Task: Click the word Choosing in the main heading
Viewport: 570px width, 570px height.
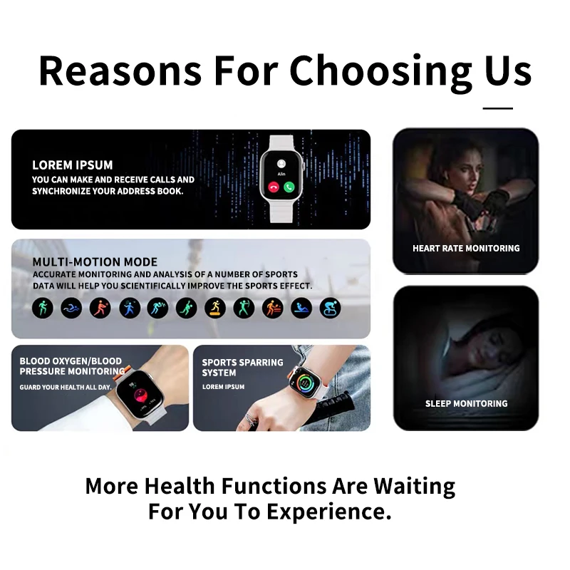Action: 380,71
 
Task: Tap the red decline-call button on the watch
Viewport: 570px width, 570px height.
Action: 273,187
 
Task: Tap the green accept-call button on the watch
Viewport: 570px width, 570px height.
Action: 289,187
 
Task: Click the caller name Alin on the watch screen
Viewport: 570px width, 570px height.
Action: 281,172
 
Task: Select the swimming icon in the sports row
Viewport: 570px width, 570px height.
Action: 71,308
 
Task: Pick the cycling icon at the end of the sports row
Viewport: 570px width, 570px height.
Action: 330,308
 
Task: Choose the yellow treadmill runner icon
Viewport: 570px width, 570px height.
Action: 215,308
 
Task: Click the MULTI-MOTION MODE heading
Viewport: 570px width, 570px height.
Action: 95,262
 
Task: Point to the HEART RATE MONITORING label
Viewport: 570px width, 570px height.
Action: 466,249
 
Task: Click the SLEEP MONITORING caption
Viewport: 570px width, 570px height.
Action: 466,404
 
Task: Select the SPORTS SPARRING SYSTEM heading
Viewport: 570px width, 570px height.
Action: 242,368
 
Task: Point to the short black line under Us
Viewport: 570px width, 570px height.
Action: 497,108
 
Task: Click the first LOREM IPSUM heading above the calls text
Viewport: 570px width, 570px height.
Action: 73,165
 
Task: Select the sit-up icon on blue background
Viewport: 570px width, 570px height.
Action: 301,308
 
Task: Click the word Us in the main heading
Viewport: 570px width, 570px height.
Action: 507,71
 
